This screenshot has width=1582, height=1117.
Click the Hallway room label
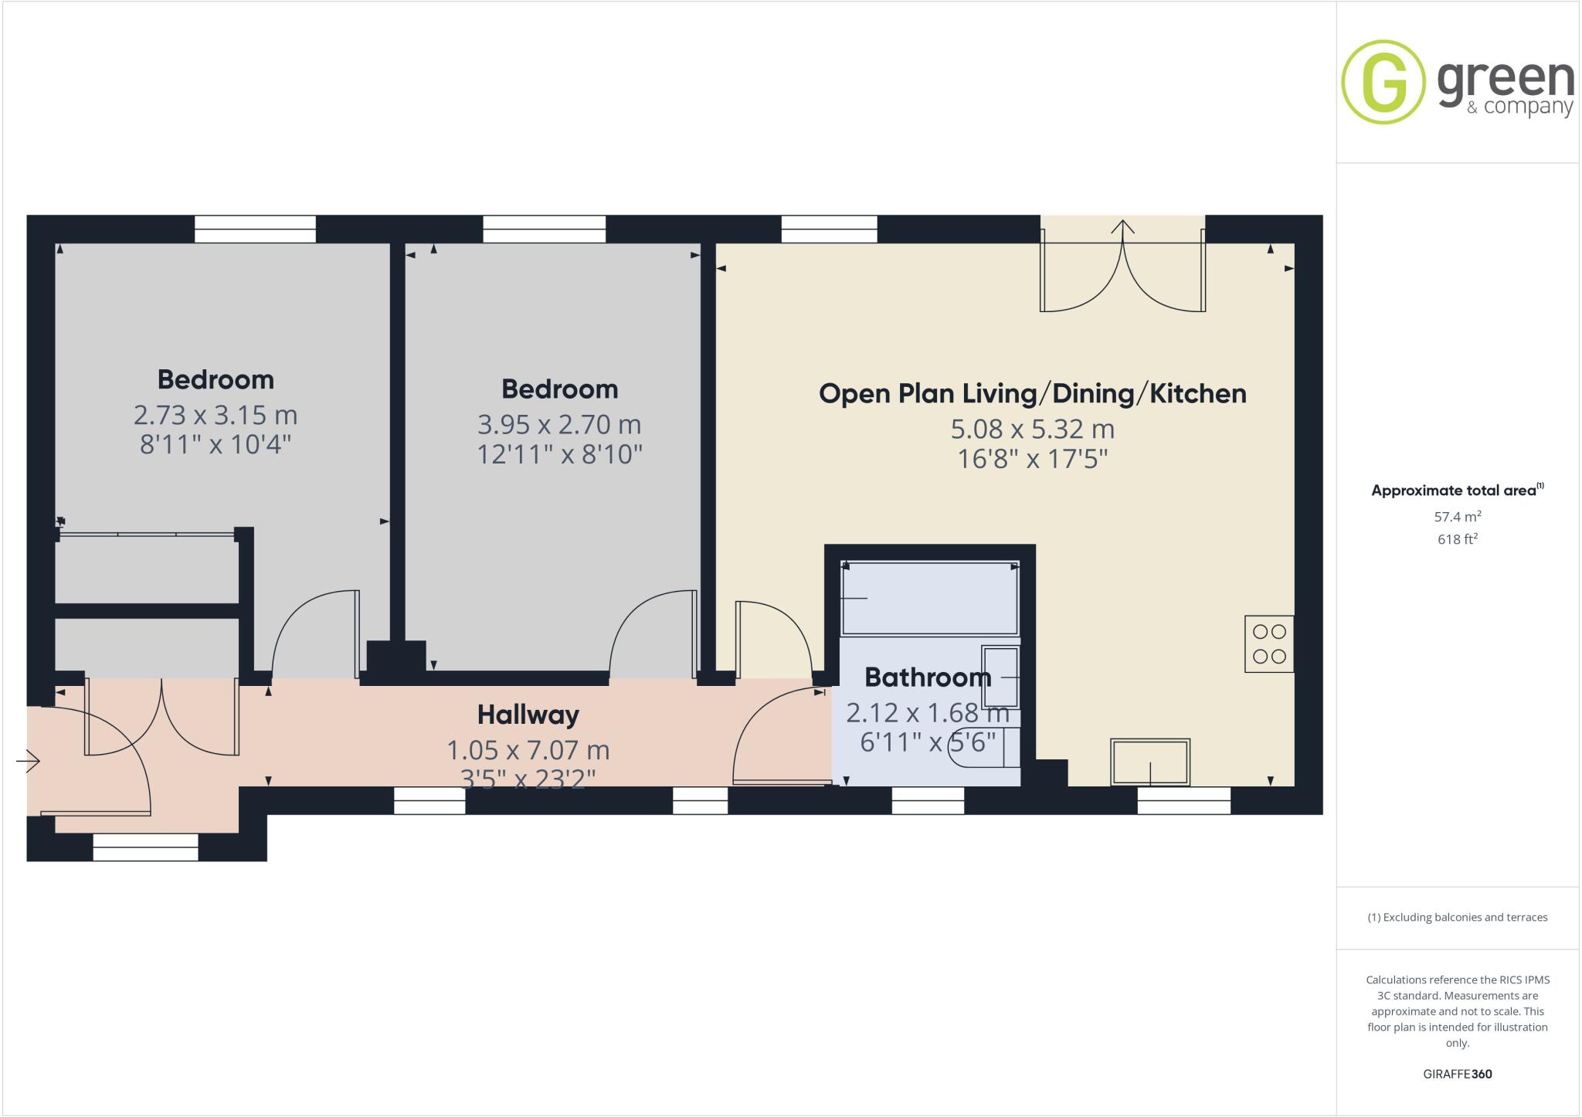(528, 715)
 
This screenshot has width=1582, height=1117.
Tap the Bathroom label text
(927, 677)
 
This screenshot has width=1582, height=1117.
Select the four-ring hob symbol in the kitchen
(1268, 643)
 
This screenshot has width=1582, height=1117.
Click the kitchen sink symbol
(1149, 762)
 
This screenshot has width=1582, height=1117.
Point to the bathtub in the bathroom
(930, 598)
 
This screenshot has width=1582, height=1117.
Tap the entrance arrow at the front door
(29, 762)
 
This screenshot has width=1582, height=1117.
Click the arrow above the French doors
(1122, 226)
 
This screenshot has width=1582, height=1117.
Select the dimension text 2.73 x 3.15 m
(216, 416)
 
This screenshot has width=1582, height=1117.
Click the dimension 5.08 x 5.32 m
(1032, 429)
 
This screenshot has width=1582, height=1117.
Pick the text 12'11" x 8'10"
(559, 454)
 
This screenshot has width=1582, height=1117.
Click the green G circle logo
(1383, 82)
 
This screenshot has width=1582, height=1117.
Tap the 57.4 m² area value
(1457, 517)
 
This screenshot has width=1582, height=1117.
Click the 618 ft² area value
(1457, 539)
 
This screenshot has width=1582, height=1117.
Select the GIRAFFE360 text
(1457, 1074)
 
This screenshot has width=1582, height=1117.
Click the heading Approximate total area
(1454, 491)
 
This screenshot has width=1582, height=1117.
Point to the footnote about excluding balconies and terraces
(1457, 918)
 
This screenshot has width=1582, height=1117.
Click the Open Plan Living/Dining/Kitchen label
(1032, 394)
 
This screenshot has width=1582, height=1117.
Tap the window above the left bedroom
(255, 229)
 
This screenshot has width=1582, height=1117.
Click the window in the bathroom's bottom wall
(928, 800)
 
